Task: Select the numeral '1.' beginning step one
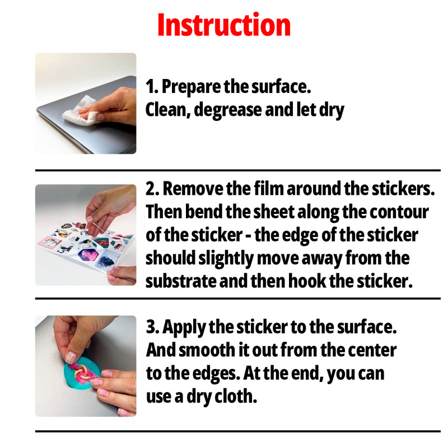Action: click(x=152, y=87)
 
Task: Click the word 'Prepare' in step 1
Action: click(x=191, y=87)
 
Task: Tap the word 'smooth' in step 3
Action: click(x=213, y=350)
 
